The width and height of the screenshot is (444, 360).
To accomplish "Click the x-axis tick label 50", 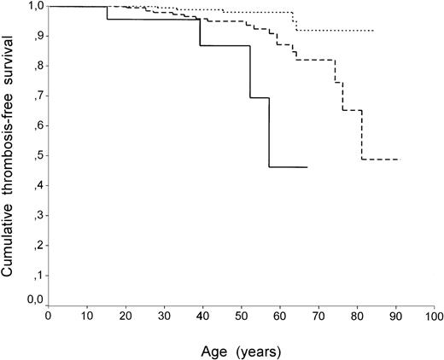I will click(x=241, y=316).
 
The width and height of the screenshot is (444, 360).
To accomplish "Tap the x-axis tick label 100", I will click(x=433, y=316).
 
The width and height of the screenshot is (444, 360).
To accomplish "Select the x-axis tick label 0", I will click(x=49, y=316).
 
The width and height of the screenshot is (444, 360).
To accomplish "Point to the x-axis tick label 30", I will click(x=164, y=316).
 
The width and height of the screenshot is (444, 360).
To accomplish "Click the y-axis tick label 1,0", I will click(x=33, y=7).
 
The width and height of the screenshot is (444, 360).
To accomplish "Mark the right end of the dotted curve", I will click(x=373, y=31).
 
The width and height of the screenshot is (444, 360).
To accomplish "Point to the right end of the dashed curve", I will click(x=400, y=160).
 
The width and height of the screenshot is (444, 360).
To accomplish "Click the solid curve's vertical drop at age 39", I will click(x=200, y=32).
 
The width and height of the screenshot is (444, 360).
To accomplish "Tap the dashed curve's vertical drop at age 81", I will click(x=362, y=135).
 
